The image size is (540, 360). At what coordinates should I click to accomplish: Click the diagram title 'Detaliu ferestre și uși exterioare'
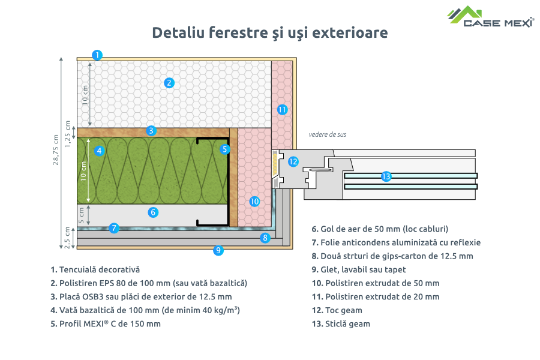click(x=269, y=32)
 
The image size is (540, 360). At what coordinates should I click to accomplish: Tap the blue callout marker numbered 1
click(x=97, y=55)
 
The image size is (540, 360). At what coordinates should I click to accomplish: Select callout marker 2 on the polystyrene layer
click(x=169, y=83)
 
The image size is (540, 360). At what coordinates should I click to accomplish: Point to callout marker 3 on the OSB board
click(x=151, y=130)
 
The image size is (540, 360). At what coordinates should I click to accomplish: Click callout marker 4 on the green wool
click(x=100, y=151)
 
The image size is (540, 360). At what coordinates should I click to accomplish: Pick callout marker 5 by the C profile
click(x=224, y=148)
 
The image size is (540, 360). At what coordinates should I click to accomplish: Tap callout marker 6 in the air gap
click(x=153, y=212)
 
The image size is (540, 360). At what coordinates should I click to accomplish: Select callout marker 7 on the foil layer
click(x=114, y=228)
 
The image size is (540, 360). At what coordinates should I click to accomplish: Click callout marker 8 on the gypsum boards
click(x=265, y=238)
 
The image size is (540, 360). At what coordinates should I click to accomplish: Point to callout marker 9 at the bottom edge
click(x=218, y=250)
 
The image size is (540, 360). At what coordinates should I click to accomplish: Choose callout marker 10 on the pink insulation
click(x=254, y=202)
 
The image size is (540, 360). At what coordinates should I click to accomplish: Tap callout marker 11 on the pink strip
click(x=282, y=110)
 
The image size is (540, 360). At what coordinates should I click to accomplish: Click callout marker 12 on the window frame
click(x=293, y=161)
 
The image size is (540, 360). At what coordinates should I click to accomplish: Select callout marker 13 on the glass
click(x=386, y=176)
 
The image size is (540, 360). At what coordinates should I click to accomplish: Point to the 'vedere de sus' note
click(x=327, y=134)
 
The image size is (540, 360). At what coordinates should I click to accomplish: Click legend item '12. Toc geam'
click(x=337, y=310)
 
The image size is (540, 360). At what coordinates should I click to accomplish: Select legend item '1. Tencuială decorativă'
click(x=95, y=270)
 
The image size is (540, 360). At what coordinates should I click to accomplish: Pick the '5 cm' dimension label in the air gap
click(x=82, y=213)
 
